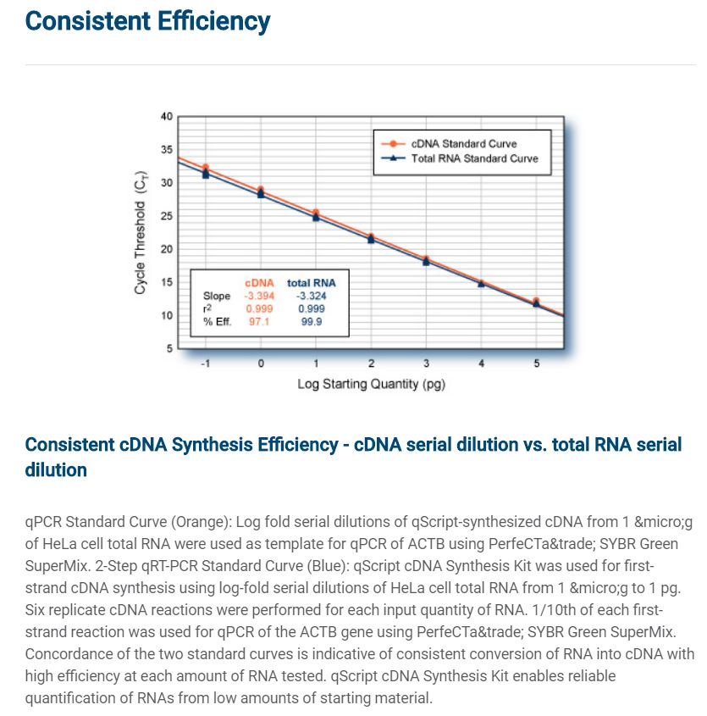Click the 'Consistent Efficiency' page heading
[x=147, y=21]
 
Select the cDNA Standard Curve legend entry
[x=449, y=144]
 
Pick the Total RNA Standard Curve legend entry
[x=460, y=158]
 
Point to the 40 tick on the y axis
[x=167, y=116]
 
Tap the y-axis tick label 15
[x=167, y=282]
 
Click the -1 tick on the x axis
[x=206, y=364]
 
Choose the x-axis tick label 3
[x=426, y=364]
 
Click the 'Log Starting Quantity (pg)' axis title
[x=371, y=384]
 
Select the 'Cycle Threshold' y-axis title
[x=140, y=233]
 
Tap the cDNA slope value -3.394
[x=259, y=296]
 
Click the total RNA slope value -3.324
[x=312, y=296]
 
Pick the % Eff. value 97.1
[x=259, y=321]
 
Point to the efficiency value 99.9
[x=312, y=321]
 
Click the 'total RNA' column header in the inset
[x=312, y=283]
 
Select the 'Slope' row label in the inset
[x=217, y=296]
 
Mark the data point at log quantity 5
[x=536, y=302]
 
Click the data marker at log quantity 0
[x=261, y=191]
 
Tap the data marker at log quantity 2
[x=371, y=238]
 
